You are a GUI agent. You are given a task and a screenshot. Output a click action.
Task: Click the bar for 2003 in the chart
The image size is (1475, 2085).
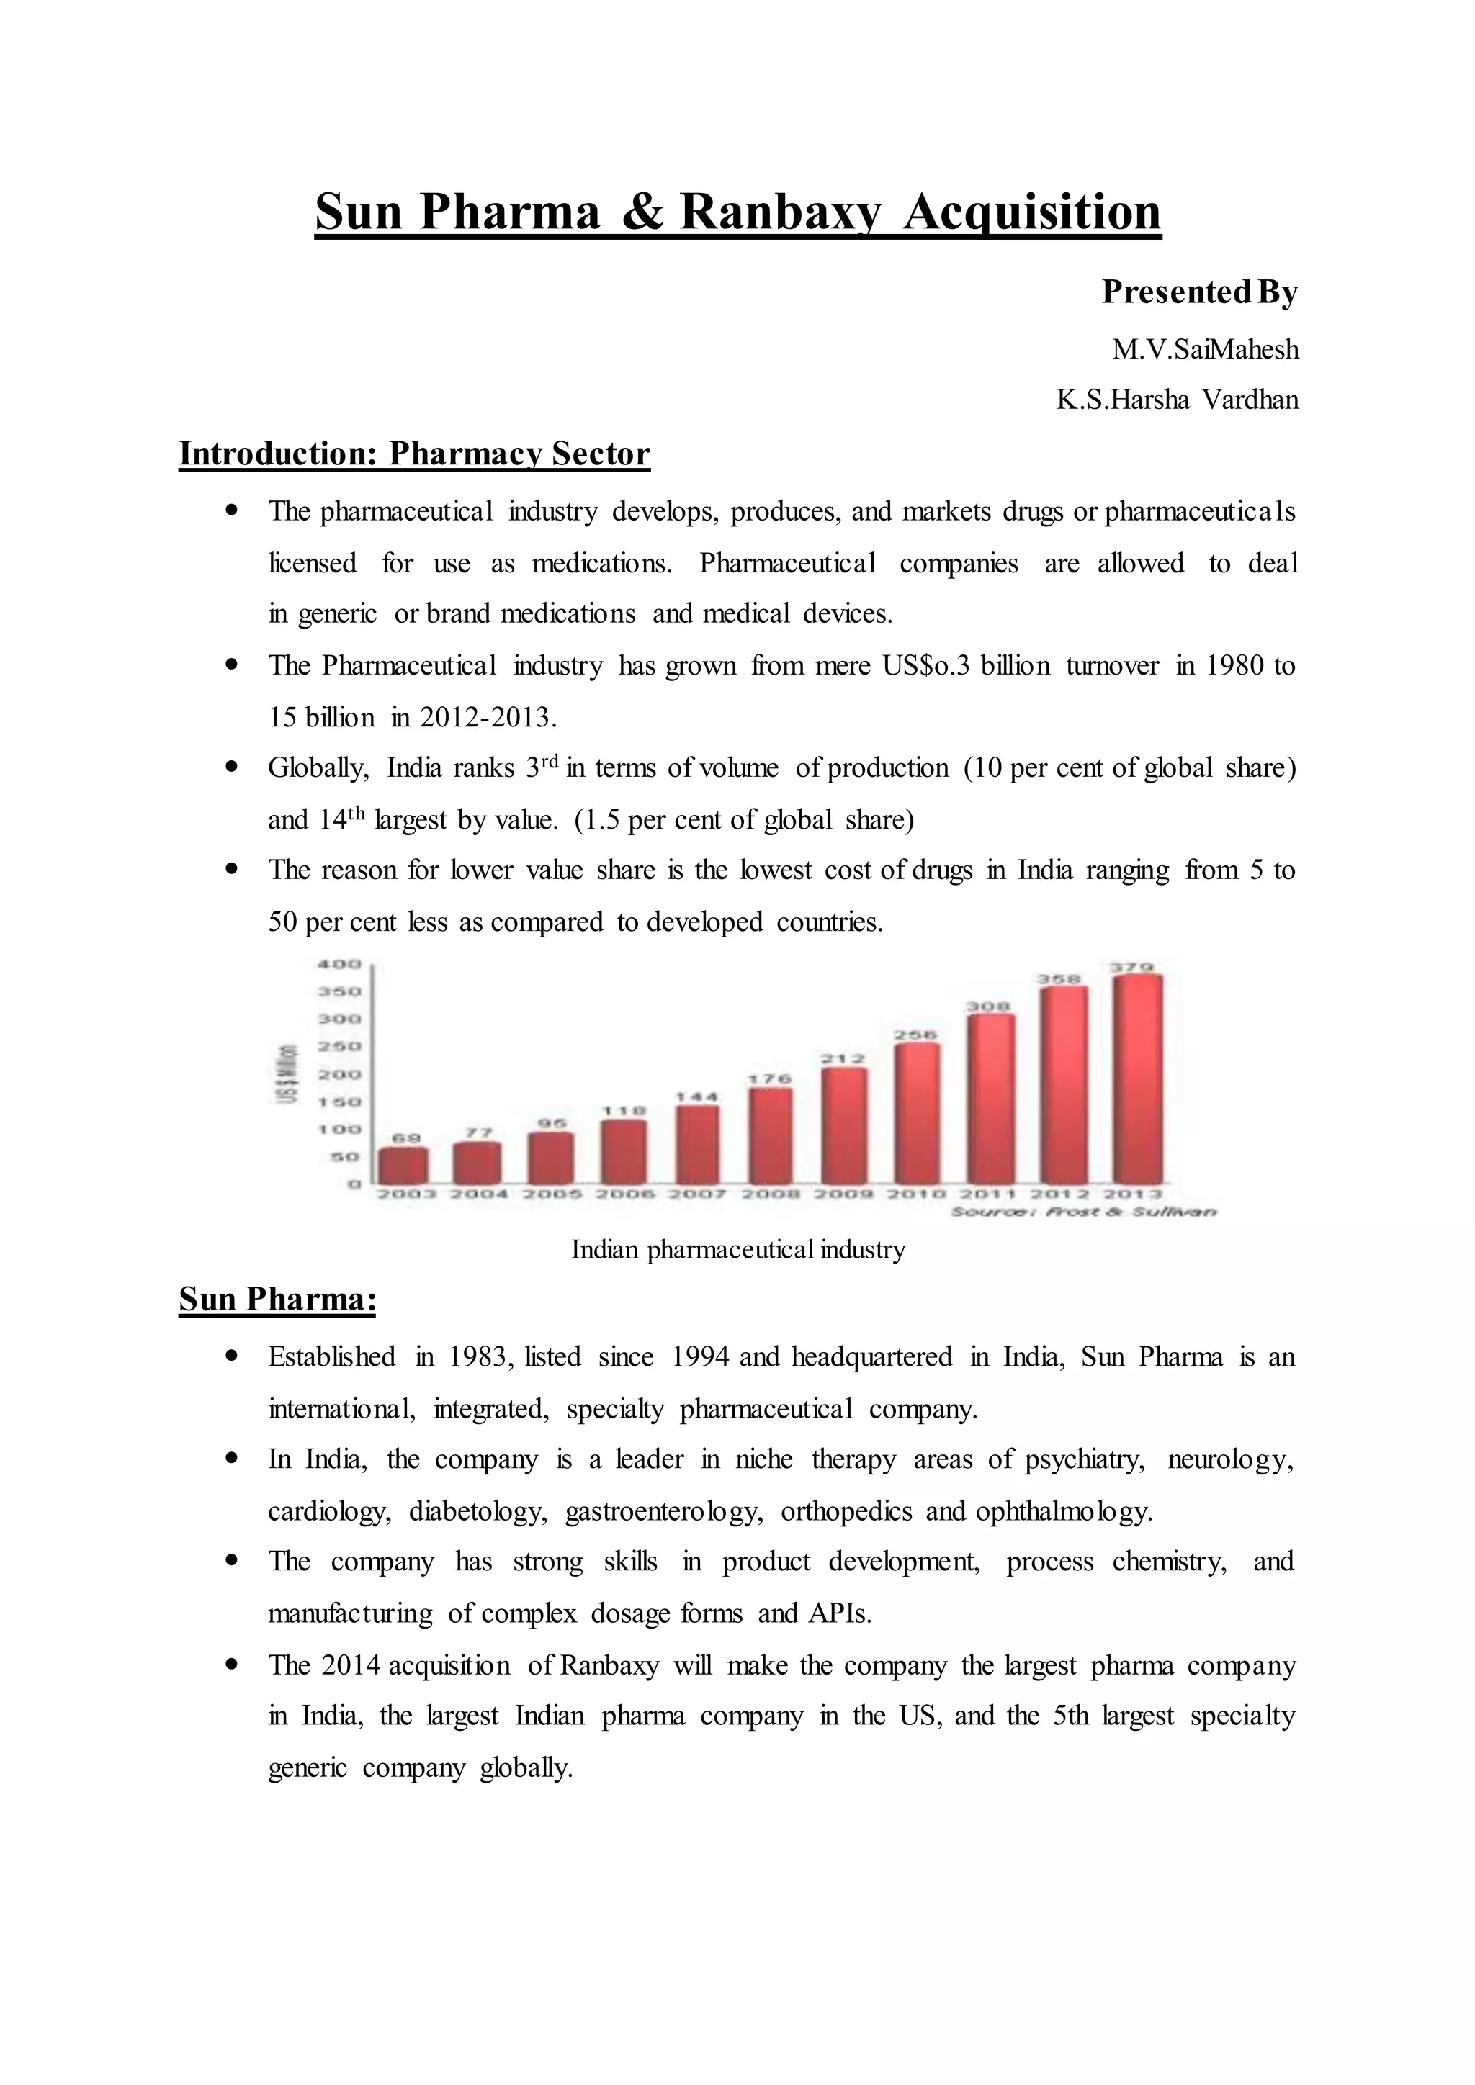pos(403,1166)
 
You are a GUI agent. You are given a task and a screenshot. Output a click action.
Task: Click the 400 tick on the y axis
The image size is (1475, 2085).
pos(339,963)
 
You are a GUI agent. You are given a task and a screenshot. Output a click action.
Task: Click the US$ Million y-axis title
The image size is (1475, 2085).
pos(287,1073)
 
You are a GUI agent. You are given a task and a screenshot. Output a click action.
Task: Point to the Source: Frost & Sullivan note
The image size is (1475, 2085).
pos(1082,1212)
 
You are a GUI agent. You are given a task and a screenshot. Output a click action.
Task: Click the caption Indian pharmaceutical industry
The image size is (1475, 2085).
pos(737,1251)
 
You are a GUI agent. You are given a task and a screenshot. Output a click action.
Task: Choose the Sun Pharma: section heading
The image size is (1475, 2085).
pos(277,1300)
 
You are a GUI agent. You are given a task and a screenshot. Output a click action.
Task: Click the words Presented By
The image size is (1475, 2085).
pos(1199,292)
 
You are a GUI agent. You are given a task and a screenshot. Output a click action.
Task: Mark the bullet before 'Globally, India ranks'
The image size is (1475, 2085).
pos(233,767)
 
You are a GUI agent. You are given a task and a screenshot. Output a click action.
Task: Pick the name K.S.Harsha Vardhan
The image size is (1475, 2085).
pos(1177,400)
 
